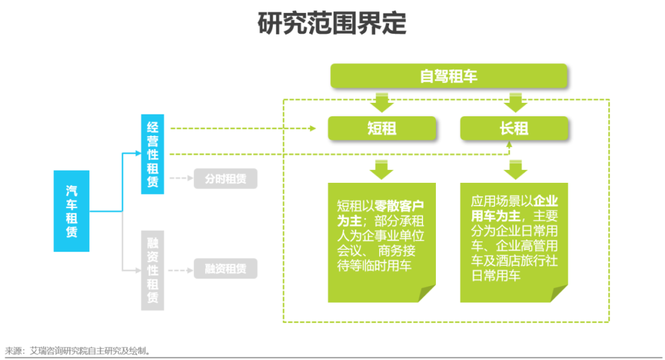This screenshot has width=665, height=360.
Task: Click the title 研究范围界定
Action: tap(332, 23)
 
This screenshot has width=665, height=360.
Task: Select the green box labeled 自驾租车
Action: tap(448, 76)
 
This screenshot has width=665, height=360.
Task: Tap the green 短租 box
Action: tap(382, 128)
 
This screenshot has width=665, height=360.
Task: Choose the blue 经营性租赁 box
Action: tap(152, 154)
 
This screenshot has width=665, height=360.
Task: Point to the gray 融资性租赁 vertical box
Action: tap(152, 270)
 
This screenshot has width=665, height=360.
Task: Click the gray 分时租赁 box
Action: tap(225, 179)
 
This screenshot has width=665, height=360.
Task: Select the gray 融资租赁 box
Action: tap(225, 269)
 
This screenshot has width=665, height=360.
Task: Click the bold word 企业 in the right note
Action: tap(545, 201)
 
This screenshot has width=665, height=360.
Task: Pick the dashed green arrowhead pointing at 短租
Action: tap(312, 129)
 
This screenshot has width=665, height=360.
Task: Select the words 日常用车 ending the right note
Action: tap(496, 276)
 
